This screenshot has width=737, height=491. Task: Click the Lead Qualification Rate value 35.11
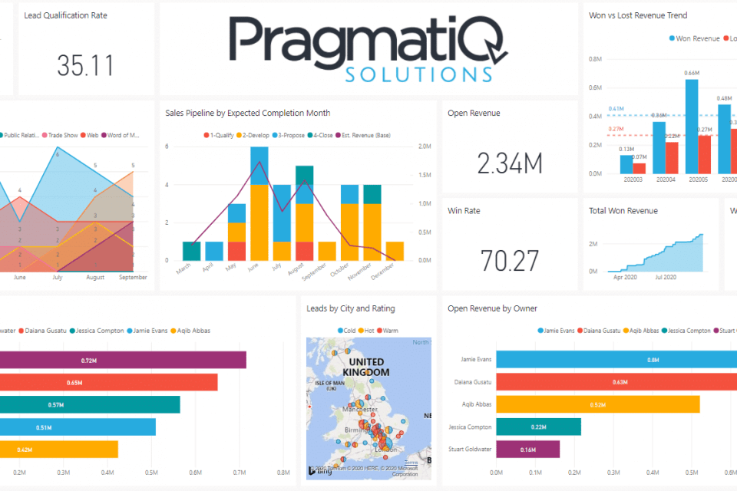pyautogui.click(x=85, y=65)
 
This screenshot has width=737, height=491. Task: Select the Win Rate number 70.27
pyautogui.click(x=510, y=261)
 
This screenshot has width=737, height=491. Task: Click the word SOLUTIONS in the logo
pyautogui.click(x=418, y=74)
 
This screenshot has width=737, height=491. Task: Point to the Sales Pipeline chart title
pyautogui.click(x=247, y=113)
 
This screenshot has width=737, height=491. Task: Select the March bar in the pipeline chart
pyautogui.click(x=191, y=251)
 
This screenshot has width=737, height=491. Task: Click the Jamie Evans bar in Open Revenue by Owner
pyautogui.click(x=614, y=360)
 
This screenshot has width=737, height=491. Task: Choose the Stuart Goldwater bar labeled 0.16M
pyautogui.click(x=528, y=449)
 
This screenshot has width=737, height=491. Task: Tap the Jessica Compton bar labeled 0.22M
pyautogui.click(x=538, y=427)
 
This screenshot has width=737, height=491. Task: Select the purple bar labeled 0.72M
pyautogui.click(x=123, y=360)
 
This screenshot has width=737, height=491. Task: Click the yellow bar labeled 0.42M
pyautogui.click(x=59, y=449)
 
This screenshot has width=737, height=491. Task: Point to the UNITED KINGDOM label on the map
pyautogui.click(x=365, y=367)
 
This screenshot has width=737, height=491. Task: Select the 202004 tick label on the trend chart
pyautogui.click(x=659, y=181)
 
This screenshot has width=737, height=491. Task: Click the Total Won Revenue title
pyautogui.click(x=623, y=211)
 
